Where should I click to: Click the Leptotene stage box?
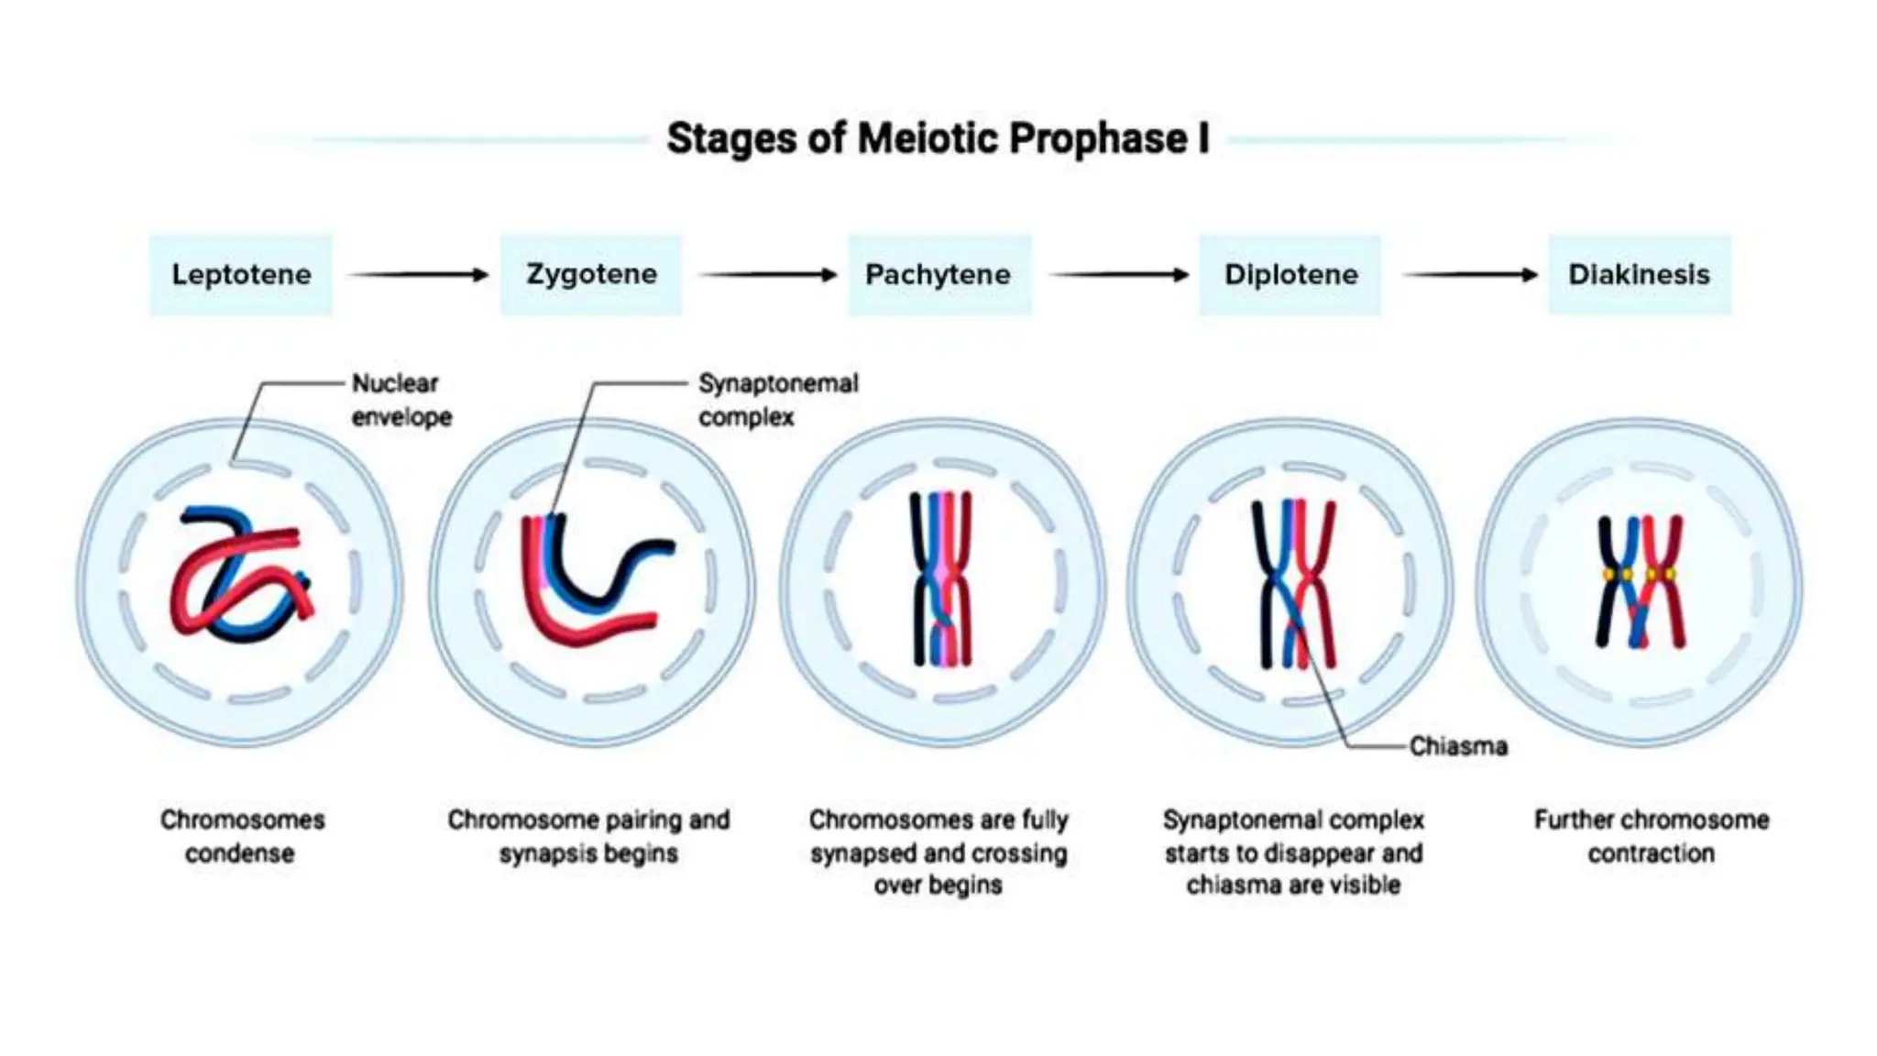[241, 275]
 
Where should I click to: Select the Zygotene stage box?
[591, 275]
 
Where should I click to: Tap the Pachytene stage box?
[938, 275]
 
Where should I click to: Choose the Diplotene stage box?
[1290, 275]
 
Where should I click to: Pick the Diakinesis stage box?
[1639, 275]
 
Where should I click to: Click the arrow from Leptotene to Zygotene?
[417, 275]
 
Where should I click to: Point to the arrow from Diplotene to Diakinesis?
[1470, 275]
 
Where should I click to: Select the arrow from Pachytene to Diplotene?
[1118, 275]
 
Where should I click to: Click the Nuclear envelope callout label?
[401, 400]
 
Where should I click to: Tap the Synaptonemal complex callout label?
[777, 400]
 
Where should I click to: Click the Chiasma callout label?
[1457, 746]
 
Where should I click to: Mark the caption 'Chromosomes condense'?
[241, 836]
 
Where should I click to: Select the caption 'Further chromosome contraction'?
[1651, 836]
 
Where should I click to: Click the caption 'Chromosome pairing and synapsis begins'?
[588, 836]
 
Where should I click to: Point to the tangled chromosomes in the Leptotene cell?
[240, 577]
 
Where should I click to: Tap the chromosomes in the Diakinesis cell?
[1639, 581]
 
